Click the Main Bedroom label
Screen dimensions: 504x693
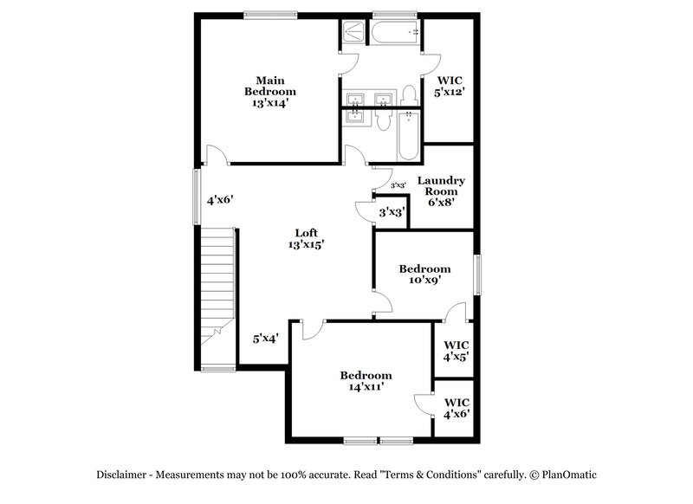pos(269,91)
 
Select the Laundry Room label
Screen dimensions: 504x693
pos(441,191)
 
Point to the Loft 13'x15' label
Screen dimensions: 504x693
pos(306,238)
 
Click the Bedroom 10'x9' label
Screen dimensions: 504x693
pos(424,275)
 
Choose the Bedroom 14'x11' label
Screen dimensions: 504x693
pos(366,381)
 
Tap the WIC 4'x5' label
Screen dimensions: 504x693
pos(456,350)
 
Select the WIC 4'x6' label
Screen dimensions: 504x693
pos(456,408)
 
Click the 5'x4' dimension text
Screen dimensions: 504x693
pos(264,339)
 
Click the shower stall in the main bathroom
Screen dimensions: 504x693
pos(353,31)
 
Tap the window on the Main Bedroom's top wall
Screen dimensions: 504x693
pos(270,14)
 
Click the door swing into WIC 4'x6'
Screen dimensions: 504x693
pos(424,404)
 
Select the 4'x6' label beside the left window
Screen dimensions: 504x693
pos(219,199)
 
